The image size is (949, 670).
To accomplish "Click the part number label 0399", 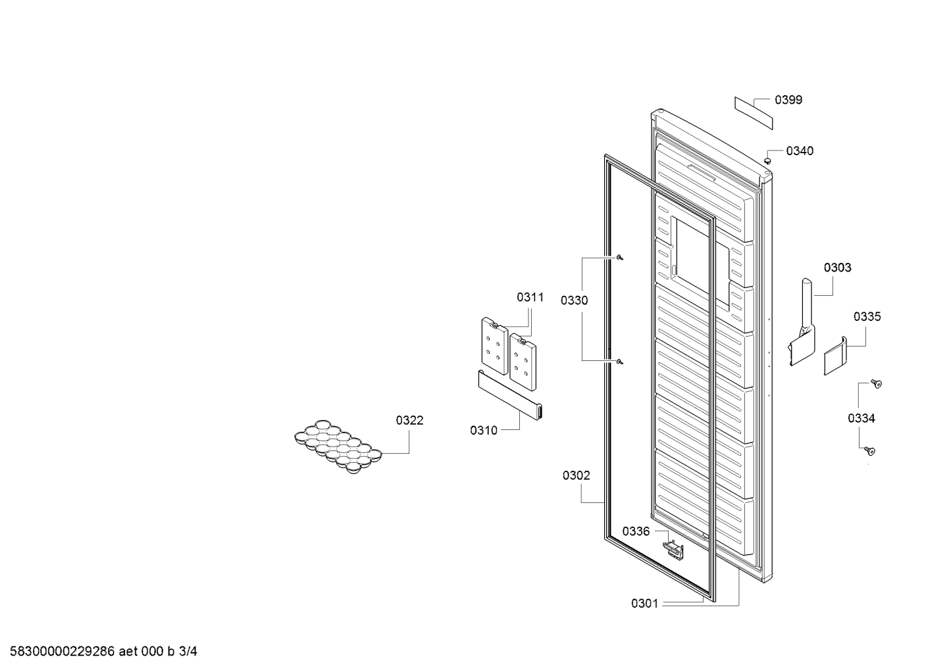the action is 788,100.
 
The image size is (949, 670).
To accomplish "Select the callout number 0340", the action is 800,151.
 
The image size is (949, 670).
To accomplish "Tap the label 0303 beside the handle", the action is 838,268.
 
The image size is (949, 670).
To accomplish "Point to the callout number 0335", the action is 867,316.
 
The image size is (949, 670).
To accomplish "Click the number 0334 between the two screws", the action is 861,418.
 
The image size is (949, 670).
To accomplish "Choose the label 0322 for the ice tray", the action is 410,420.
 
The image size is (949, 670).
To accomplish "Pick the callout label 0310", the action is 484,431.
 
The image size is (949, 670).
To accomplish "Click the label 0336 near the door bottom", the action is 636,531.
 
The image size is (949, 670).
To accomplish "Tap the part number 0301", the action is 645,604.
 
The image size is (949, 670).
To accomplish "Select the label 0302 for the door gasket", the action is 577,476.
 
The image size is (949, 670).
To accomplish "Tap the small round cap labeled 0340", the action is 767,161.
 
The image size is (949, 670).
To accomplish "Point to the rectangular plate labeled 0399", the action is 754,112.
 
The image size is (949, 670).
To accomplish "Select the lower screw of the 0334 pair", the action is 869,451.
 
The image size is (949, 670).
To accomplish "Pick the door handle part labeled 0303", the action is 802,322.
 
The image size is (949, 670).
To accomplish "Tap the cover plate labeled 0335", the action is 835,356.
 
